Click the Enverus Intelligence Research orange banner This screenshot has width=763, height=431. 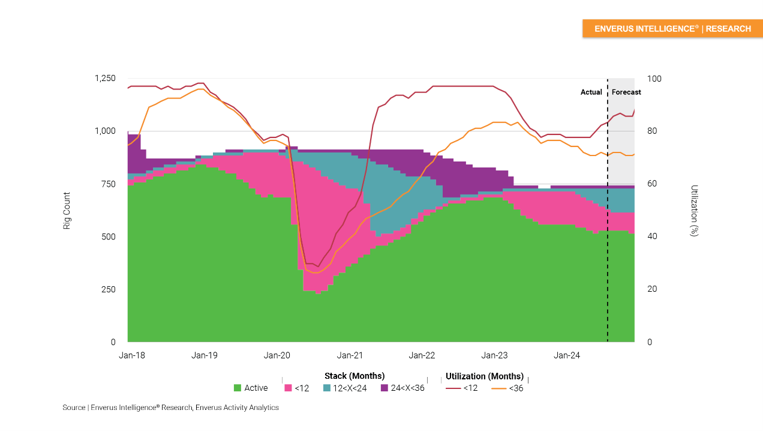point(672,29)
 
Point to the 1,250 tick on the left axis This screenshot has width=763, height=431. point(105,79)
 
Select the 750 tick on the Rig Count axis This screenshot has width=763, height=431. point(109,184)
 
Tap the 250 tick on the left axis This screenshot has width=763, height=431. point(109,289)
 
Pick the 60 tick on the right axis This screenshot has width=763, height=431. point(651,184)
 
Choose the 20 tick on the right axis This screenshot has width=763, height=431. point(651,289)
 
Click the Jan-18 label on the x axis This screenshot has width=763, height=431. point(132,355)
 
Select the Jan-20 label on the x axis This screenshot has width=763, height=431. point(277,355)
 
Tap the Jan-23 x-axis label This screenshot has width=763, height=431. point(494,355)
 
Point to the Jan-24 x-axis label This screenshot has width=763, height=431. point(567,355)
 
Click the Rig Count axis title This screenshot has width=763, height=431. point(67,210)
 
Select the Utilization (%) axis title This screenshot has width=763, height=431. point(694,210)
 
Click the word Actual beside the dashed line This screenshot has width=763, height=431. point(591,92)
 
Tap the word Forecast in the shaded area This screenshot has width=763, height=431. point(626,92)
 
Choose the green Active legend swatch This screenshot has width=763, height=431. point(238,388)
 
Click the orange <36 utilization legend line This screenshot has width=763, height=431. point(498,388)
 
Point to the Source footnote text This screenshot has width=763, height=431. point(170,408)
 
